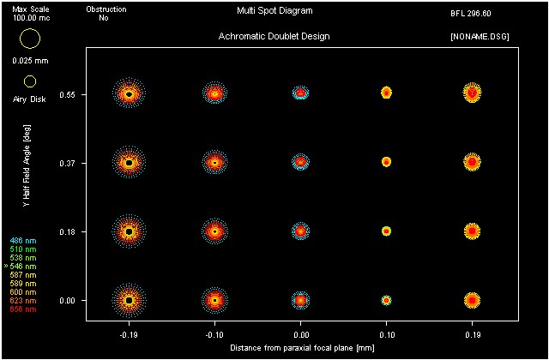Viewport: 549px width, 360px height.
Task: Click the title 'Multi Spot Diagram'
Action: click(x=274, y=12)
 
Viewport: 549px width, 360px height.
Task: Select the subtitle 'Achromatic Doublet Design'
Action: click(x=274, y=37)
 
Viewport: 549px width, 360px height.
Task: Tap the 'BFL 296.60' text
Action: click(x=470, y=15)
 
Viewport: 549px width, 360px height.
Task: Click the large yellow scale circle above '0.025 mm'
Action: click(x=30, y=39)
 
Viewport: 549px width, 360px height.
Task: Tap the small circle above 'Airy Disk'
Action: click(x=30, y=81)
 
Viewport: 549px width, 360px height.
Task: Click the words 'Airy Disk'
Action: click(x=30, y=99)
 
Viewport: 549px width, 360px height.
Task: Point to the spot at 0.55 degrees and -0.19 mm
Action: click(x=129, y=93)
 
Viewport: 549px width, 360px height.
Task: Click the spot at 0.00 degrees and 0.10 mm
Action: click(x=386, y=301)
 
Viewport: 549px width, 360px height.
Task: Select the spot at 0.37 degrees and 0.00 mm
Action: click(x=300, y=161)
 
